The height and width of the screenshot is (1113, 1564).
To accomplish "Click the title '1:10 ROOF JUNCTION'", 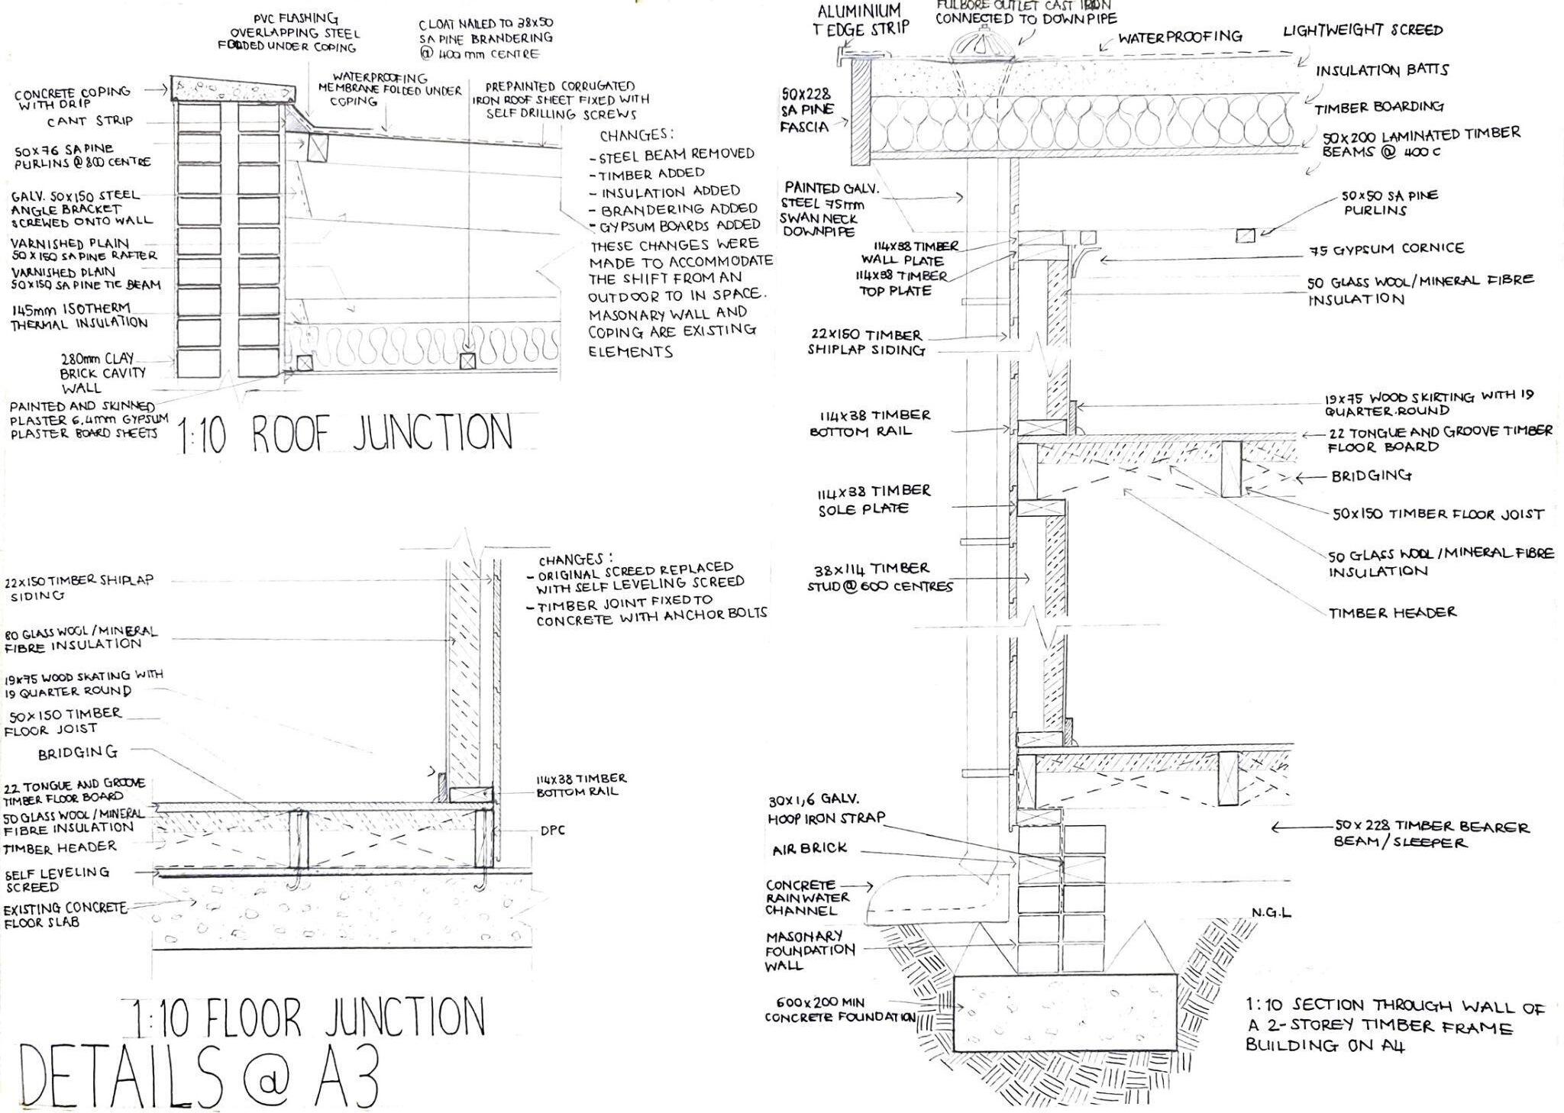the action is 345,434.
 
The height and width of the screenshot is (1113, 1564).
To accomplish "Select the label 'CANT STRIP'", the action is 89,121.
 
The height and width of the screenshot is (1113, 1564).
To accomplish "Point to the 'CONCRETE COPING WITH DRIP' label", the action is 72,96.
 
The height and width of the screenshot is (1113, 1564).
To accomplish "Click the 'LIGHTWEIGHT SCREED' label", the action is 1362,31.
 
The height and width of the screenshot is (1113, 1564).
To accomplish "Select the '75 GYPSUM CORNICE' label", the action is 1387,250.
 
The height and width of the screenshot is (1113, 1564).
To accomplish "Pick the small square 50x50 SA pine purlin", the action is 1245,236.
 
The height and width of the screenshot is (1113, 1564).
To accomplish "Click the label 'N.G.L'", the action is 1271,912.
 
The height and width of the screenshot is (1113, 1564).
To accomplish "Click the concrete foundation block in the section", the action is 1065,1011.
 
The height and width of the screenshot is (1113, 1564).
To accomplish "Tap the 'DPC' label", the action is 552,831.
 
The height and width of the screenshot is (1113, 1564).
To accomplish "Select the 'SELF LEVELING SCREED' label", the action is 57,879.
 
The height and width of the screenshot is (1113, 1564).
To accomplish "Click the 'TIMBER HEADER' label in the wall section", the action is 1392,612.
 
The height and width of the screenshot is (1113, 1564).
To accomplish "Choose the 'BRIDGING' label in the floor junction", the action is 78,752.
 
